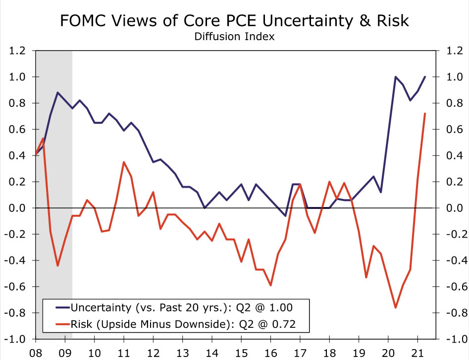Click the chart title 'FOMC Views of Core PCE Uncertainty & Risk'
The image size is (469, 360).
click(234, 21)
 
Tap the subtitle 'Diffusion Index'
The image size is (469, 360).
click(234, 36)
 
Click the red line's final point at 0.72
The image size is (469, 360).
click(425, 113)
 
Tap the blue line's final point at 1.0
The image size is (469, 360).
click(425, 77)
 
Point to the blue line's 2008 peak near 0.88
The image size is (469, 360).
click(57, 93)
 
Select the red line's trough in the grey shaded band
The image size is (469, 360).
click(57, 266)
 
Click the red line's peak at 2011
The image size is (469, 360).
click(123, 162)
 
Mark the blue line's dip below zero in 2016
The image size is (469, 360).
click(285, 216)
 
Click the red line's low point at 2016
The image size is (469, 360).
click(270, 285)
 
